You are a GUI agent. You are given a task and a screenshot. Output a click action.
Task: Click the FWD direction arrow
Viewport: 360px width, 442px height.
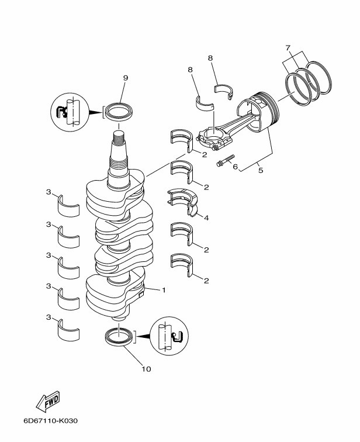(48, 401)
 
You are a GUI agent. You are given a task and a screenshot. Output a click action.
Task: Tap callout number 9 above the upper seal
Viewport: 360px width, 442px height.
(126, 78)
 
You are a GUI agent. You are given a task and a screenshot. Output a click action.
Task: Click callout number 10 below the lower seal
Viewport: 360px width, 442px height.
(147, 369)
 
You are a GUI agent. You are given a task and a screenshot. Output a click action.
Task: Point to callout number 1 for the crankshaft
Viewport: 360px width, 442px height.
(164, 290)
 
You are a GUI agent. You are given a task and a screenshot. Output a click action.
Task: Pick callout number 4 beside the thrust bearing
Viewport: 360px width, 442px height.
(206, 218)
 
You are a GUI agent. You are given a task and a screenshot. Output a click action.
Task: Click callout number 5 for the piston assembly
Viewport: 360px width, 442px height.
(261, 170)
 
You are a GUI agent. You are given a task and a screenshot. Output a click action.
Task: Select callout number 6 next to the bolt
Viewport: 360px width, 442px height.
(235, 167)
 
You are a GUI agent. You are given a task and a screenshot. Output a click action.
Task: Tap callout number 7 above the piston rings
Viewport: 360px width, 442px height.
(288, 48)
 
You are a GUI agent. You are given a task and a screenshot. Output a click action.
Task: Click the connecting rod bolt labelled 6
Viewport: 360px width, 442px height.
(226, 160)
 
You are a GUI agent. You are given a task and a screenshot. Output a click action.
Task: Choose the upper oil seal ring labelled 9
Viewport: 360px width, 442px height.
(119, 112)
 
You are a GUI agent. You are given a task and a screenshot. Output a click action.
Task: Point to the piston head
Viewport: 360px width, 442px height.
(258, 111)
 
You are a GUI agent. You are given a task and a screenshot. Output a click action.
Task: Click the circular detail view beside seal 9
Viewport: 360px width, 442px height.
(70, 112)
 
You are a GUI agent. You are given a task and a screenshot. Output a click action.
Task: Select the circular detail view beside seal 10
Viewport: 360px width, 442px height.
(169, 336)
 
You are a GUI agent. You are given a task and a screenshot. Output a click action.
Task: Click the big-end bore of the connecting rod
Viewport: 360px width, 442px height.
(213, 134)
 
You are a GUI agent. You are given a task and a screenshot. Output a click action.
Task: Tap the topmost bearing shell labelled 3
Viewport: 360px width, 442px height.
(68, 206)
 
